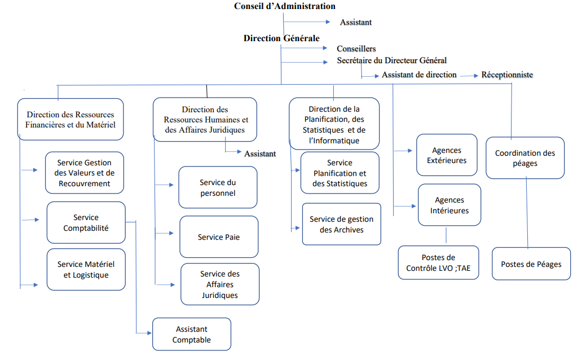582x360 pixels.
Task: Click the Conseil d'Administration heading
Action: point(285,6)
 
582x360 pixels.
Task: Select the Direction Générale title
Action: point(281,38)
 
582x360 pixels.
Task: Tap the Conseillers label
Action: point(356,49)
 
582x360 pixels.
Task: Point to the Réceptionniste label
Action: point(507,74)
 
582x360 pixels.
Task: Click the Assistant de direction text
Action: point(419,74)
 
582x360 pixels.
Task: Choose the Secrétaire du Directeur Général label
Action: point(392,60)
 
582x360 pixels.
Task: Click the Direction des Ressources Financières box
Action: point(70,120)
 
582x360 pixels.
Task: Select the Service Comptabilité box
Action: point(86,223)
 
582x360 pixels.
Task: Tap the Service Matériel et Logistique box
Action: point(86,270)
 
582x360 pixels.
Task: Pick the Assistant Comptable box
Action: point(192,335)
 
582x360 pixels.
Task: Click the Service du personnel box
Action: point(218,188)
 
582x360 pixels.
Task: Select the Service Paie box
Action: point(219,237)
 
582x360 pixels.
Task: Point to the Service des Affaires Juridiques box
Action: point(220,284)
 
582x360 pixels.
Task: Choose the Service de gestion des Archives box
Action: point(342,225)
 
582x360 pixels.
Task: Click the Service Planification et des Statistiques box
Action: point(339,173)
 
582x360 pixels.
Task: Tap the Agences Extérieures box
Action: point(447,156)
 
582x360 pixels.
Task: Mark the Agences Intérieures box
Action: point(449,205)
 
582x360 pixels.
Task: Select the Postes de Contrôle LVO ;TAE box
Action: point(438,263)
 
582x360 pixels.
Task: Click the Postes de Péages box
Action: point(531,264)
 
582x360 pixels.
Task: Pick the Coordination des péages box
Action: point(525,158)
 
